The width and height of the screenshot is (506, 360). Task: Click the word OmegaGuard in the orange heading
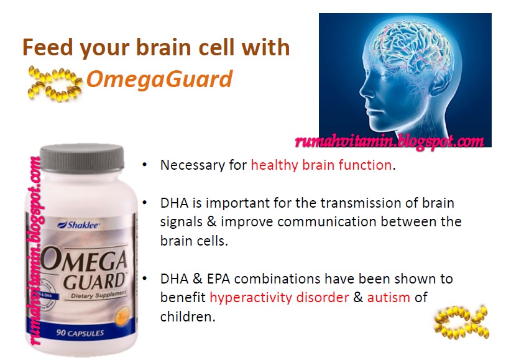[x=159, y=79]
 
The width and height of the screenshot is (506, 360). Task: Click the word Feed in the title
[x=47, y=47]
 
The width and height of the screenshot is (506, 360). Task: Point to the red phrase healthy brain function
[x=321, y=165]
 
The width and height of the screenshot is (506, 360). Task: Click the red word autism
[x=389, y=297]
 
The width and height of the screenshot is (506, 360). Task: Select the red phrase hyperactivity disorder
[x=279, y=297]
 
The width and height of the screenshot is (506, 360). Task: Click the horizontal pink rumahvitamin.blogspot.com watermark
[x=390, y=141]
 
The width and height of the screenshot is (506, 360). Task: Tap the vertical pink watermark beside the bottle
[x=34, y=249]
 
